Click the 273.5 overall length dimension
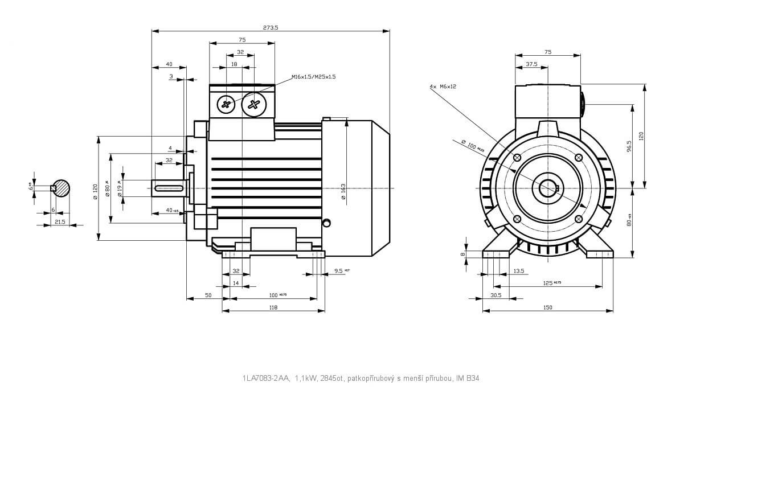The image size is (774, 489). [x=271, y=27]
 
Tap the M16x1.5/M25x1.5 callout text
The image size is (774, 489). [x=313, y=76]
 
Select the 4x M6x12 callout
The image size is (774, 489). [x=443, y=87]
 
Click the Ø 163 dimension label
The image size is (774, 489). [x=343, y=191]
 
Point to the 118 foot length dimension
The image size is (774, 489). [x=273, y=307]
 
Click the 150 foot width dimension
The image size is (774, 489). [x=547, y=307]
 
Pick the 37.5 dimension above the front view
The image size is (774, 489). [x=531, y=64]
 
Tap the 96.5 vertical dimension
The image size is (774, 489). [x=629, y=146]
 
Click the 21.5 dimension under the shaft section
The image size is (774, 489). [x=59, y=221]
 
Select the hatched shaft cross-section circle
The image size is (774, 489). [x=60, y=188]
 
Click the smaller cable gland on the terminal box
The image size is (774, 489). [x=227, y=104]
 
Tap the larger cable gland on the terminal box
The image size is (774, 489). [x=253, y=104]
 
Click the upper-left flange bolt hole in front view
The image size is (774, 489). [x=517, y=158]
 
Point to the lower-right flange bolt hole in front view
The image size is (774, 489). [x=579, y=219]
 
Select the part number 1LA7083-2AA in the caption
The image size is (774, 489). [x=266, y=378]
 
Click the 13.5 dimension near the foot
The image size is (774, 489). [x=518, y=271]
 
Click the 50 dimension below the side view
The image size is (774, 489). [x=208, y=295]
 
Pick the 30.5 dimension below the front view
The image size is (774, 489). [x=495, y=295]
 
